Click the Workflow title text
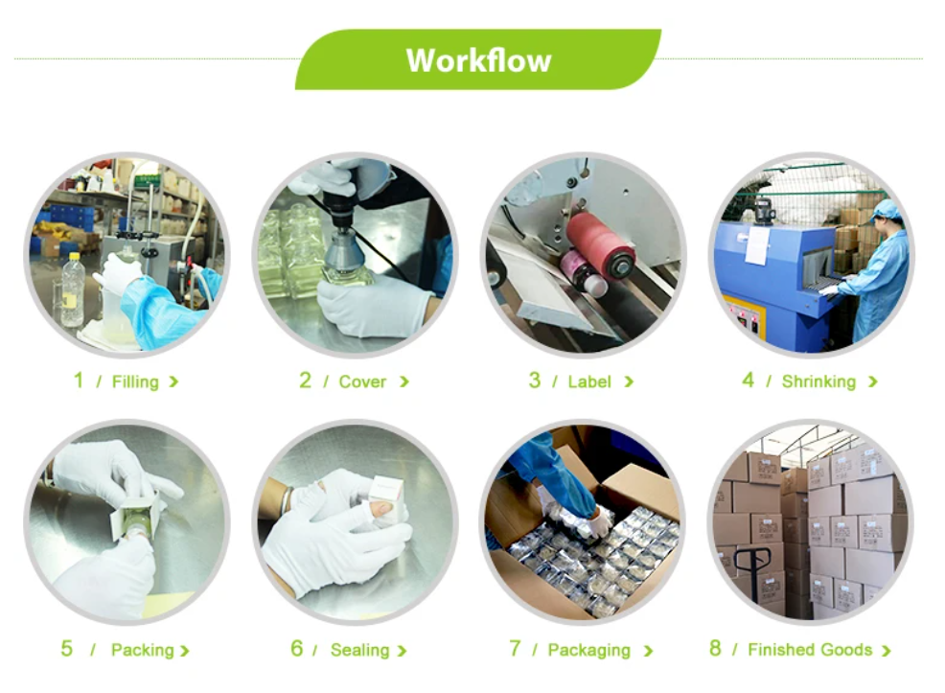[x=478, y=60]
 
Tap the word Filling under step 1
[x=135, y=382]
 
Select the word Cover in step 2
[x=362, y=381]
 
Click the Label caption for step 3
[x=589, y=381]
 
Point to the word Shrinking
[x=818, y=382]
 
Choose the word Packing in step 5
[x=142, y=650]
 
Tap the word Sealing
[x=359, y=650]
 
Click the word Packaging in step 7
[x=588, y=650]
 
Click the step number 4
[x=748, y=381]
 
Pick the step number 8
[x=715, y=648]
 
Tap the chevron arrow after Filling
[x=173, y=382]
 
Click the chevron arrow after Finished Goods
[x=886, y=651]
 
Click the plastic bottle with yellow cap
[x=73, y=289]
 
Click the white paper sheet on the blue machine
[x=756, y=245]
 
